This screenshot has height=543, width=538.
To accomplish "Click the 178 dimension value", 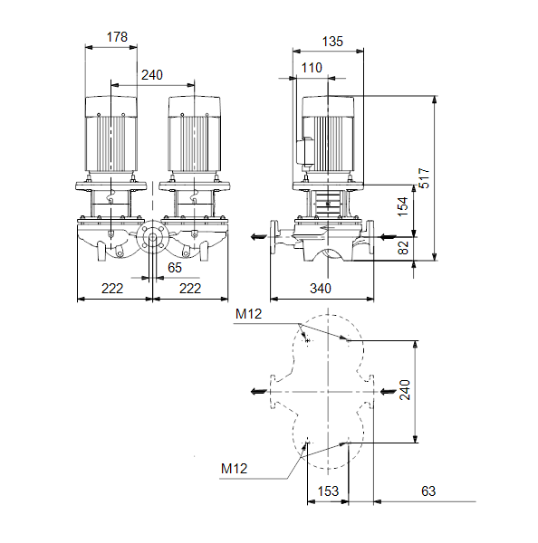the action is tap(117, 37).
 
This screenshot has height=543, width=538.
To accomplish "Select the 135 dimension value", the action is tap(332, 42).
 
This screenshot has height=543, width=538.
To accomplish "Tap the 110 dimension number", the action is tap(312, 68).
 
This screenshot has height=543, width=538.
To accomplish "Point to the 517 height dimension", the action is tap(424, 178).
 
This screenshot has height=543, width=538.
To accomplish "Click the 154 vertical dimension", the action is tap(403, 206).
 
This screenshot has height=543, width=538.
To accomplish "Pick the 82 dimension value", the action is tap(403, 248).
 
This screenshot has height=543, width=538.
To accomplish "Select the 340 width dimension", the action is tap(321, 288).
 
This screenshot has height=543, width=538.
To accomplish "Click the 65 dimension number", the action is tap(175, 267).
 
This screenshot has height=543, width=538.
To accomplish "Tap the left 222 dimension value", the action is tap(112, 288).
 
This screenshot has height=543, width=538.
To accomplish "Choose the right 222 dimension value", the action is tap(190, 288).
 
